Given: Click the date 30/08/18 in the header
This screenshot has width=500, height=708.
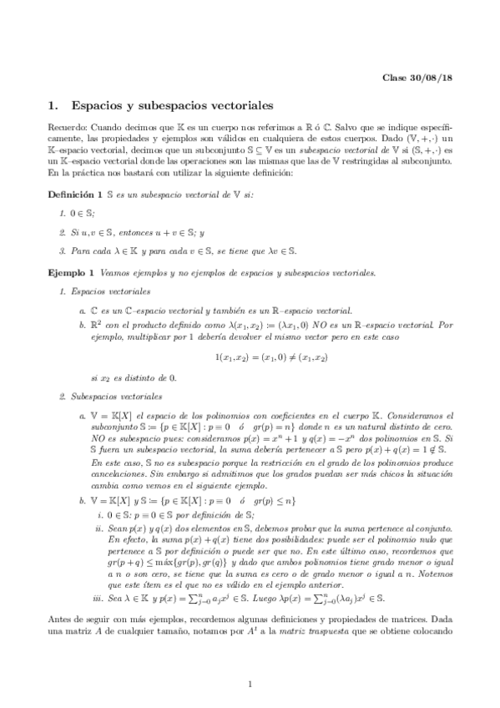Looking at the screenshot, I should [x=432, y=78].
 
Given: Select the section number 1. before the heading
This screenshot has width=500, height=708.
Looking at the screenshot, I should [x=55, y=107].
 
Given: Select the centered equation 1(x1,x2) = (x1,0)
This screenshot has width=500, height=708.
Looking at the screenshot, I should [x=250, y=334].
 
